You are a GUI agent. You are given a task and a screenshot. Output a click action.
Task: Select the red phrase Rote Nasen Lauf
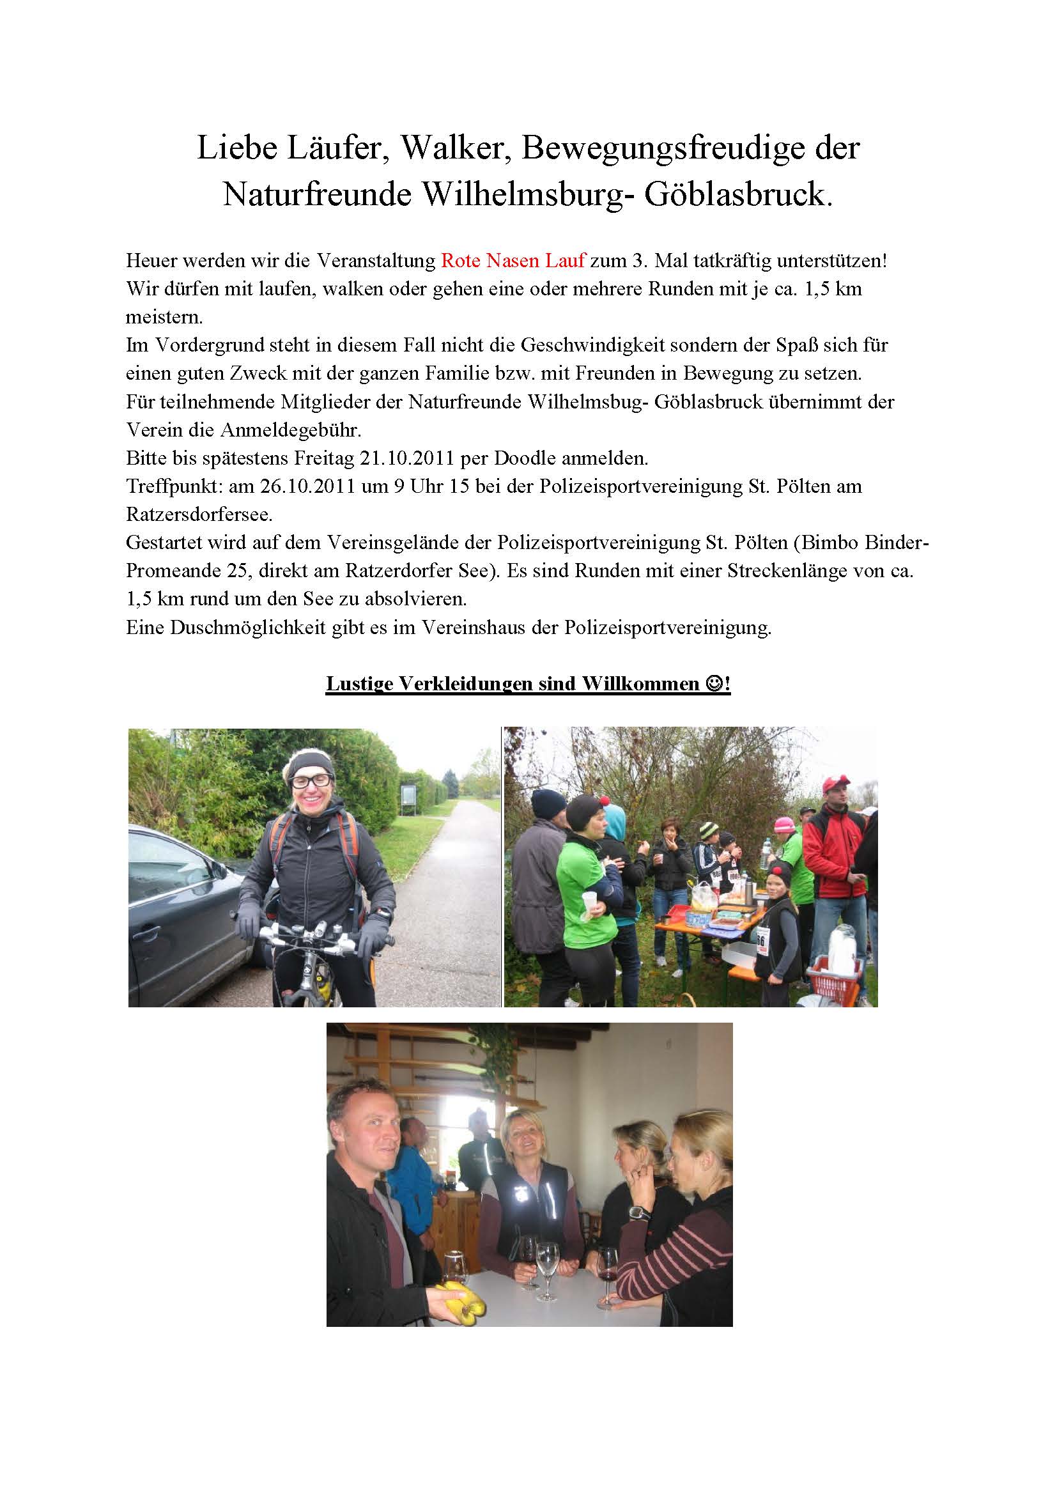(513, 261)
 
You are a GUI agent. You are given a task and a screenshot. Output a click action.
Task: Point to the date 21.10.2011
(406, 458)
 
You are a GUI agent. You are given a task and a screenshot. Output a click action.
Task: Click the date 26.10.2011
(307, 486)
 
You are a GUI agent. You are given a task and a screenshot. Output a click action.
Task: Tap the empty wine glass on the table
(547, 1256)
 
